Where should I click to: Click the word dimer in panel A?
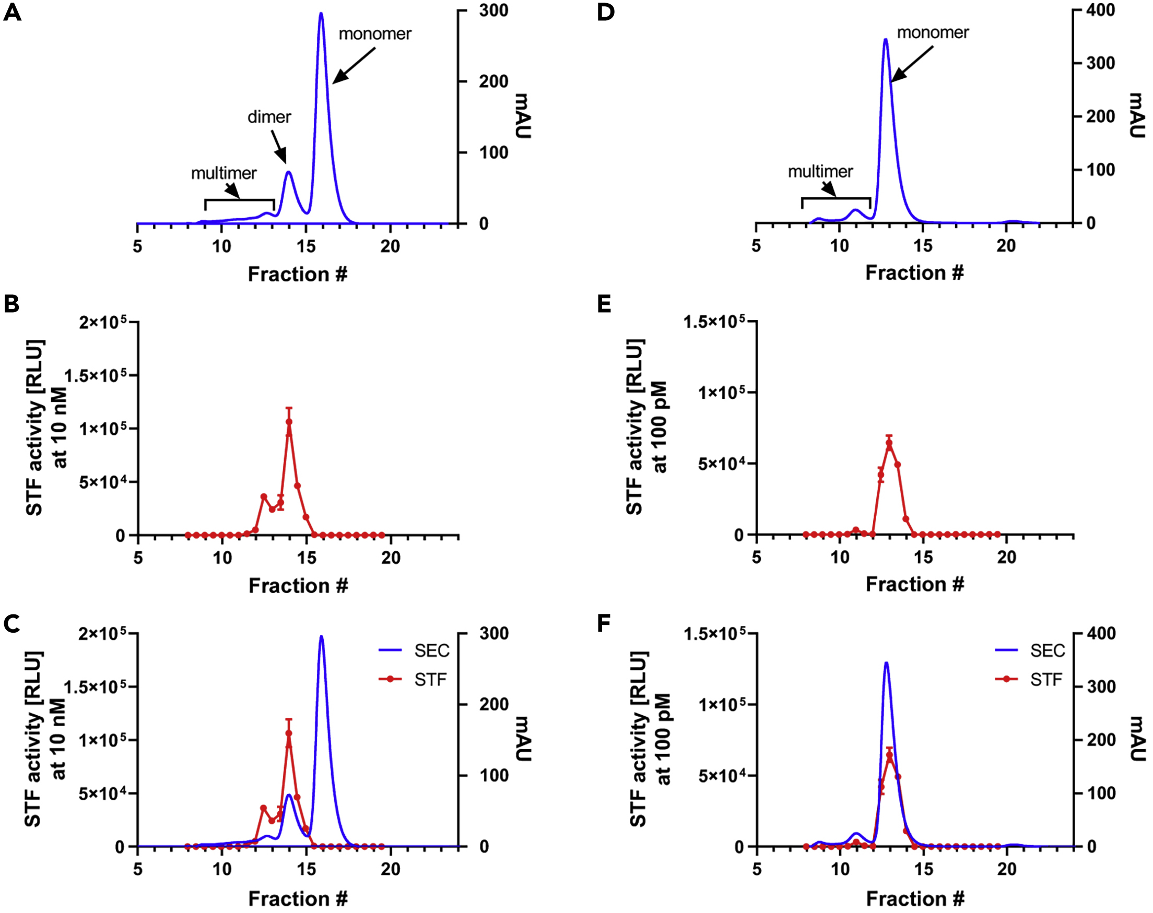(x=269, y=117)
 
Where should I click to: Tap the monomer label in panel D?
(x=933, y=33)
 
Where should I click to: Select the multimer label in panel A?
(x=223, y=173)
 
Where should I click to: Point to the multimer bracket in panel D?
(x=836, y=199)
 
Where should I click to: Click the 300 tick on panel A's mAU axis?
(x=493, y=10)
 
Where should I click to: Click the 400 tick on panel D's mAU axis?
(x=1101, y=10)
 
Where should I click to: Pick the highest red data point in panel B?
(x=289, y=422)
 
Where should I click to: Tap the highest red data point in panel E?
(x=889, y=443)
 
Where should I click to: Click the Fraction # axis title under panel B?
(x=298, y=586)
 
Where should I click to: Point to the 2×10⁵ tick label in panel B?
(x=103, y=322)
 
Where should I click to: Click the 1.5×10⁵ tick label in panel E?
(x=714, y=322)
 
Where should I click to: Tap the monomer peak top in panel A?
(x=321, y=14)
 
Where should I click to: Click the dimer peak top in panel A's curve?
(x=289, y=172)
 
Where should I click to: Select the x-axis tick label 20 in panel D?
(x=1006, y=246)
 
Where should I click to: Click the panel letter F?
(x=604, y=623)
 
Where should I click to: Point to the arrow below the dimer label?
(x=279, y=147)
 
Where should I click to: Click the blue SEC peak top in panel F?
(x=886, y=663)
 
